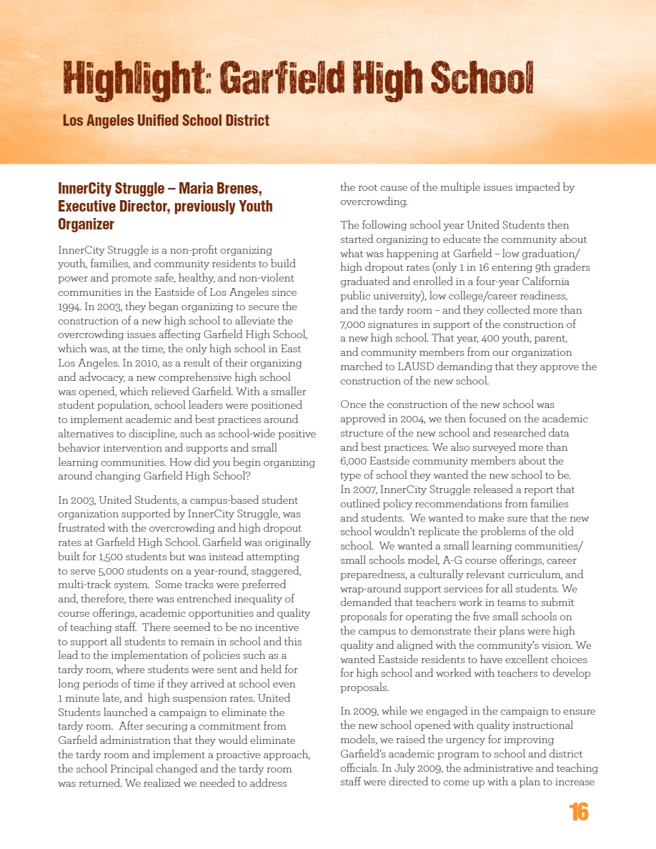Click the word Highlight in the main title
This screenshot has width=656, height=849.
click(136, 78)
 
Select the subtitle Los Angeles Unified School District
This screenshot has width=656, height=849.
click(166, 120)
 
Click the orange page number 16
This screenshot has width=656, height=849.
click(579, 812)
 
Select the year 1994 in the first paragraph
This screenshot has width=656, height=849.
click(69, 307)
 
